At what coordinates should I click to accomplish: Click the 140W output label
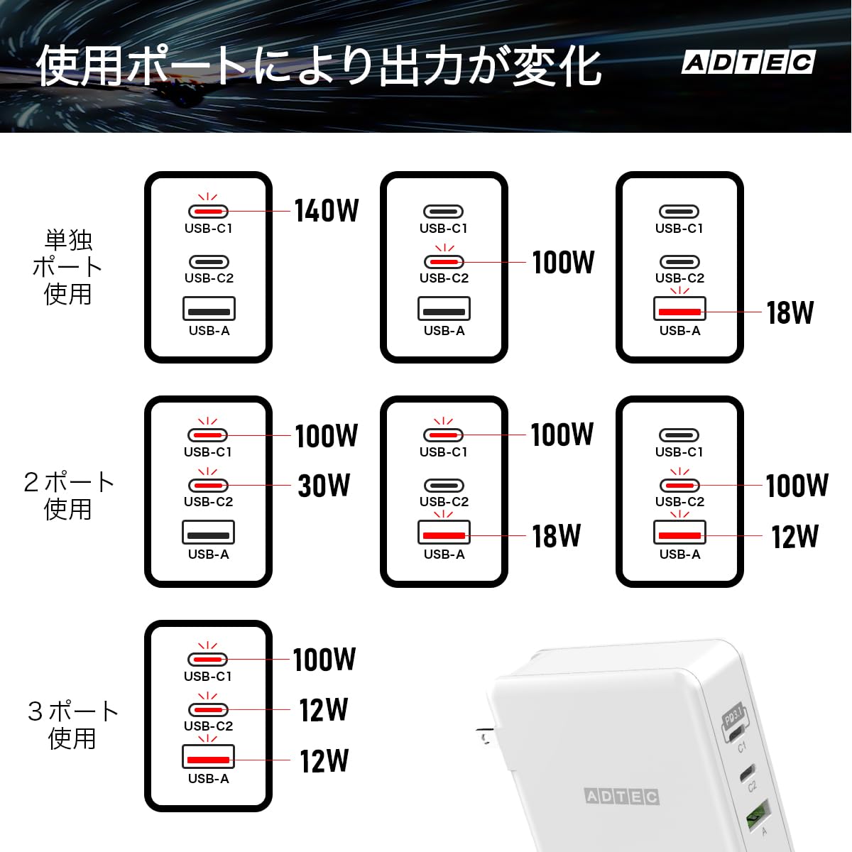click(x=327, y=210)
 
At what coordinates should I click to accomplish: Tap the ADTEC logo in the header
click(x=748, y=62)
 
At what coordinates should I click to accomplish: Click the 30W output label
click(x=324, y=486)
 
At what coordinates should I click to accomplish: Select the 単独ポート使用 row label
click(x=67, y=267)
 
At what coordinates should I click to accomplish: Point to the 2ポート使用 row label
click(x=69, y=495)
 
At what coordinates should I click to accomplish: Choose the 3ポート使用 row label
click(x=73, y=725)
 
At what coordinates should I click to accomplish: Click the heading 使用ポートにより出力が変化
click(x=318, y=66)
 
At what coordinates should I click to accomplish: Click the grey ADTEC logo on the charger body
click(x=622, y=797)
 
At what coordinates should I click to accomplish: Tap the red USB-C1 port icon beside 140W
click(x=208, y=212)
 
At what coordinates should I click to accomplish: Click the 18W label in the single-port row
click(x=790, y=312)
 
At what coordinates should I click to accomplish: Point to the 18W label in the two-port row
click(x=556, y=536)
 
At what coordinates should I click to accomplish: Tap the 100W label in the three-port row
click(x=324, y=659)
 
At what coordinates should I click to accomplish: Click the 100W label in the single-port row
click(x=563, y=262)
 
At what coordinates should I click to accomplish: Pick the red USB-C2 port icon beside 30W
click(x=208, y=486)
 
